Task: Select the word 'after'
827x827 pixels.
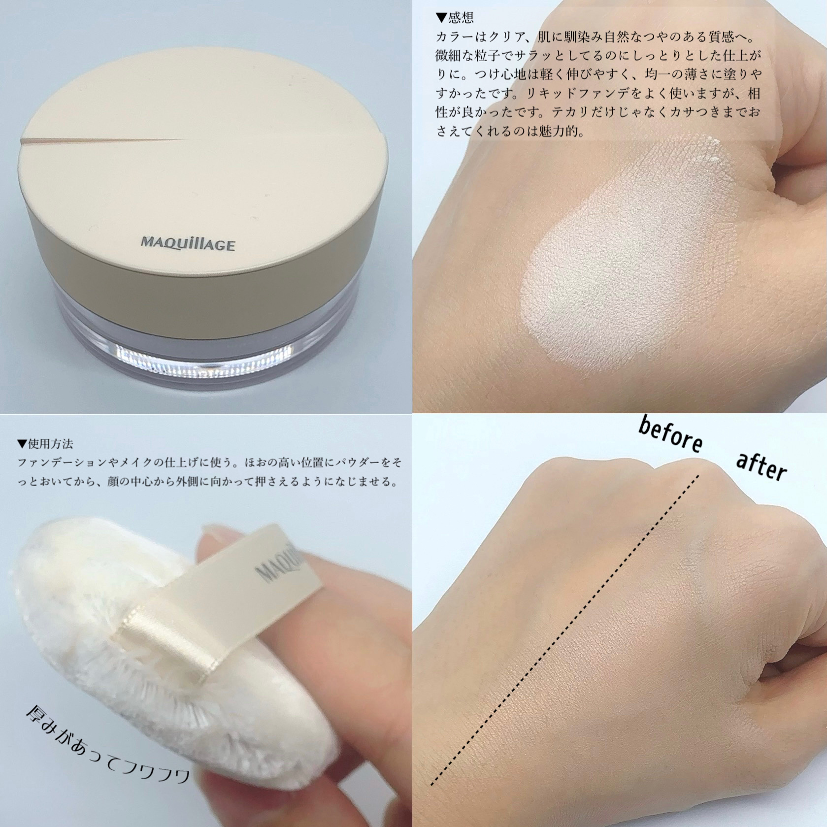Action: (x=761, y=465)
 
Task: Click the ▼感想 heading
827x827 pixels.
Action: (x=455, y=18)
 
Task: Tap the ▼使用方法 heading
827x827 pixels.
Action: (x=45, y=444)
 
